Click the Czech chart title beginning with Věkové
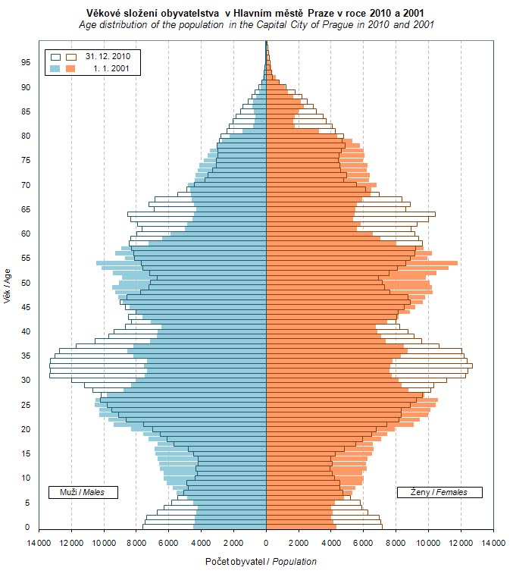(x=256, y=13)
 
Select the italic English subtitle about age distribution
(x=256, y=25)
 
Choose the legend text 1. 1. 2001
(x=111, y=69)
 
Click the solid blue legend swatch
(x=55, y=69)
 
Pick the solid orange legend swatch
(x=72, y=69)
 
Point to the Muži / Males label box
(x=83, y=492)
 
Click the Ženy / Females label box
(x=439, y=492)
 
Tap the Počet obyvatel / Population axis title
(x=261, y=562)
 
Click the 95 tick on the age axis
(x=25, y=63)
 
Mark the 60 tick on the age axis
(x=25, y=234)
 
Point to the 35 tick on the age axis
(x=25, y=356)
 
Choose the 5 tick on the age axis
(x=27, y=502)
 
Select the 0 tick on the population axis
(x=266, y=543)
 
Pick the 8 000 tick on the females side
(x=396, y=543)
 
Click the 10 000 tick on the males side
(x=103, y=543)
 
